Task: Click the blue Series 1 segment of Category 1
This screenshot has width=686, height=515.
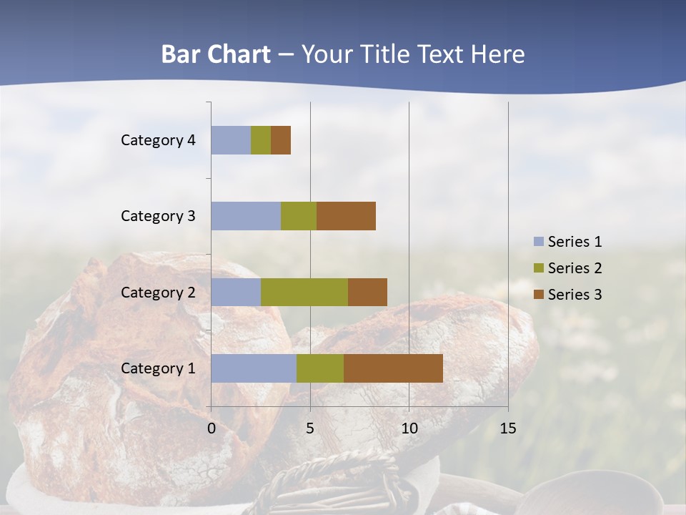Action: click(x=253, y=368)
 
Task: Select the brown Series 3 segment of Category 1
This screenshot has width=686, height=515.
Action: click(x=393, y=368)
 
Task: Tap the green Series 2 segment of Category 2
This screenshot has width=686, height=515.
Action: click(x=304, y=292)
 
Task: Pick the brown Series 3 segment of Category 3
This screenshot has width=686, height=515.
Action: click(x=346, y=216)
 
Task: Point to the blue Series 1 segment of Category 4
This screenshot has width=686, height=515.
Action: click(x=231, y=140)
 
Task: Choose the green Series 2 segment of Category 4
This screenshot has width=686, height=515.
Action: click(x=261, y=140)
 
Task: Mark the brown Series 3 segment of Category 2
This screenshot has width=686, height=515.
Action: click(x=367, y=292)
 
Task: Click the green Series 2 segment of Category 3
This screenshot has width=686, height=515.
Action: click(x=299, y=216)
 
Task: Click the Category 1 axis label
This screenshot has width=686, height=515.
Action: click(x=158, y=368)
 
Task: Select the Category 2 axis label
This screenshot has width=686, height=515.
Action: click(x=158, y=292)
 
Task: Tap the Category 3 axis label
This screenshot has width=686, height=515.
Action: click(x=158, y=216)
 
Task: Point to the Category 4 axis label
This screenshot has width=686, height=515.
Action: click(x=158, y=140)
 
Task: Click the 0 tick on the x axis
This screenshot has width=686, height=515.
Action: click(x=212, y=428)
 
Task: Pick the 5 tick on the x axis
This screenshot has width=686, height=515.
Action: click(x=310, y=428)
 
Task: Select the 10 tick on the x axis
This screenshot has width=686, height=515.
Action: click(x=409, y=428)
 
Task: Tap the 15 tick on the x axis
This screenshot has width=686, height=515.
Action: click(x=507, y=428)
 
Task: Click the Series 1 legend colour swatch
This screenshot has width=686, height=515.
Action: click(x=539, y=242)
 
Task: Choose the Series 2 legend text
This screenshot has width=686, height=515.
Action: click(x=575, y=268)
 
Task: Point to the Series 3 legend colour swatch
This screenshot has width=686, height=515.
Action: click(x=539, y=295)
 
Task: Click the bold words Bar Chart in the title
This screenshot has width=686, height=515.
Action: click(x=215, y=54)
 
